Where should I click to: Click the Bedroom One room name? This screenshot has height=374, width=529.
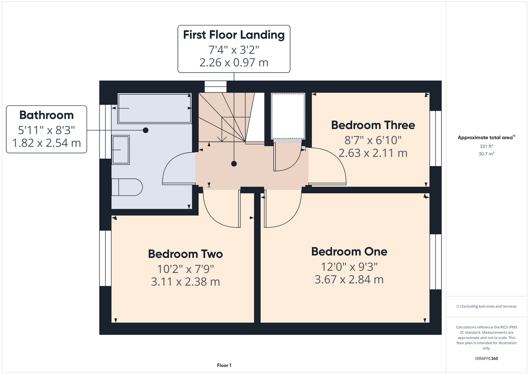coord(349,252)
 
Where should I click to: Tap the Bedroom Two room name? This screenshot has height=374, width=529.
coord(185,254)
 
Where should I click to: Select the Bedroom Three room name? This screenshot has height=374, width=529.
coord(373,125)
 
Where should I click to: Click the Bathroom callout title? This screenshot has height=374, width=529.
coord(46,115)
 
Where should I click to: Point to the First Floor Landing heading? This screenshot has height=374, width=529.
coord(234,35)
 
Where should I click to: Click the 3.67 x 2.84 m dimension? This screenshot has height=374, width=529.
coord(349,279)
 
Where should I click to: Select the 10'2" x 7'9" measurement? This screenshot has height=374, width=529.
coord(185,269)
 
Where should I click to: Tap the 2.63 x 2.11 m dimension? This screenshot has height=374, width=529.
coord(373,153)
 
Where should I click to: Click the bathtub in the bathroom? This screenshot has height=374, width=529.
coord(155,108)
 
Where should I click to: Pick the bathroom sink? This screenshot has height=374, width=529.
coord(121,150)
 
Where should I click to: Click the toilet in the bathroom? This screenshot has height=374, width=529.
coord(127,187)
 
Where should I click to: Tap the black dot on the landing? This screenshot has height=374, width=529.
coord(234,163)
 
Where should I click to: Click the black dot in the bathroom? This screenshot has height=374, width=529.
coord(146,130)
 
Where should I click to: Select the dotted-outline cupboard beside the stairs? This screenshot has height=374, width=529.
coord(288,116)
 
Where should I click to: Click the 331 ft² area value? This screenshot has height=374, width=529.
coord(486,146)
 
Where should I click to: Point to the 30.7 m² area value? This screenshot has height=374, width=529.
coord(486,154)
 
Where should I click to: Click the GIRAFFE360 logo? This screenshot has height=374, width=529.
coord(486,358)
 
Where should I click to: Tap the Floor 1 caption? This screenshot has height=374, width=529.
coord(224,365)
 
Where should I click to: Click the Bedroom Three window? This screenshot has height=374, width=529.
coord(435,138)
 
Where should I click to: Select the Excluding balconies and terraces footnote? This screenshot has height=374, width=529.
coord(486,306)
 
